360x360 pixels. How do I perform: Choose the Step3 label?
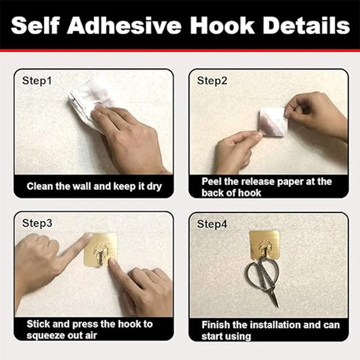pyautogui.click(x=37, y=223)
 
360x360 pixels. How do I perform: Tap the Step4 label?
pyautogui.click(x=213, y=223)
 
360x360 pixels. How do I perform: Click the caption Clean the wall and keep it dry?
pyautogui.click(x=94, y=186)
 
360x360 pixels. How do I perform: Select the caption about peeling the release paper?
pyautogui.click(x=266, y=187)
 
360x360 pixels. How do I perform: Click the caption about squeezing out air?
pyautogui.click(x=90, y=329)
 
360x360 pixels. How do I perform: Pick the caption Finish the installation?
pyautogui.click(x=270, y=329)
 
